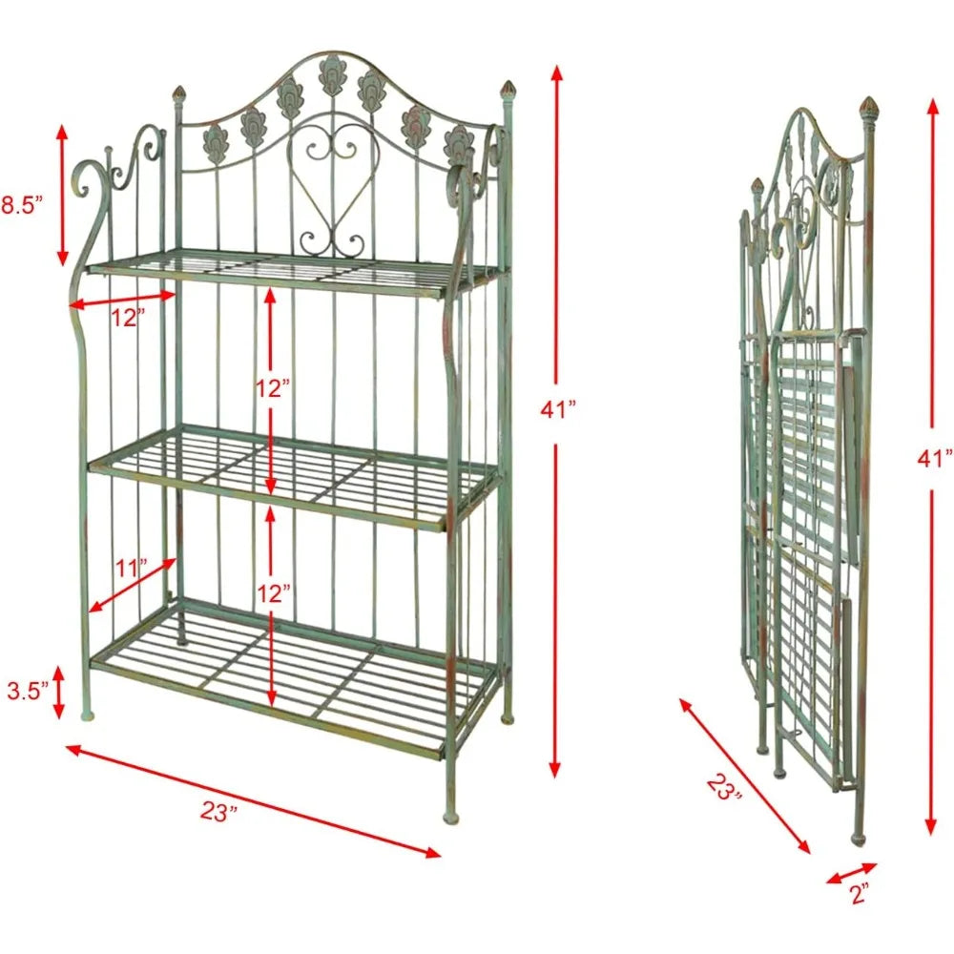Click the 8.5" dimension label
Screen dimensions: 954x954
point(22,206)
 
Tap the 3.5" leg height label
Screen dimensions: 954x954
point(28,691)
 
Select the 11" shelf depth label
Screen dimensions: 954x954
point(132,569)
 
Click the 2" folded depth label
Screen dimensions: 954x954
point(860,894)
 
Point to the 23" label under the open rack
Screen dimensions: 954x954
point(218,812)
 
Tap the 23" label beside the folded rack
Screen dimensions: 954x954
point(724,787)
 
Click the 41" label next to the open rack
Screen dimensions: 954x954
point(558,409)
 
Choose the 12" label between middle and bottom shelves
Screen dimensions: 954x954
point(273,593)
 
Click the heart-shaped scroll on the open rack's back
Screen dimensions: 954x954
point(332,182)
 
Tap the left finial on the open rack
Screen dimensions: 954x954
point(179,94)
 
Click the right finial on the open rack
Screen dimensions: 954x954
point(507,90)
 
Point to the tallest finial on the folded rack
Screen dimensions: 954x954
point(868,107)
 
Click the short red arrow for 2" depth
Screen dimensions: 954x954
point(852,873)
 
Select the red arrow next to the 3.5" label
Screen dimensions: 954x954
point(59,692)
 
